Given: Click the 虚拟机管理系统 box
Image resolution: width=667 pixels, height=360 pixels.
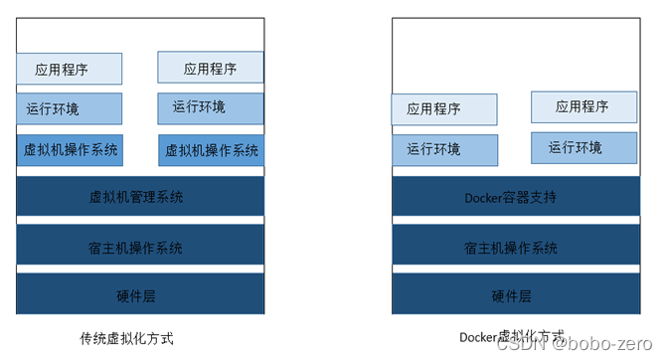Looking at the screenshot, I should click(140, 196).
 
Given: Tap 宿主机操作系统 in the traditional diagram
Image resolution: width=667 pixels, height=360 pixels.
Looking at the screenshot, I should click(140, 247).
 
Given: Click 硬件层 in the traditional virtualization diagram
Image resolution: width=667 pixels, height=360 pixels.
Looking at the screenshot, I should click(140, 295).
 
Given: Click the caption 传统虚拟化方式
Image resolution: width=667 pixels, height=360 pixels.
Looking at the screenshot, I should click(133, 337).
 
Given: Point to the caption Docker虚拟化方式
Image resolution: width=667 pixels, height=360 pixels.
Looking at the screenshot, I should click(511, 336).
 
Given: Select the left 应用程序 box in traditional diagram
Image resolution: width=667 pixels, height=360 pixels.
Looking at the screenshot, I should click(69, 70).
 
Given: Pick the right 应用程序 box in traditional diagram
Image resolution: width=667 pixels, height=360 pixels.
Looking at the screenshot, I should click(211, 69).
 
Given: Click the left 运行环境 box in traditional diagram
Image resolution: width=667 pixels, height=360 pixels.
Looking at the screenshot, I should click(69, 108).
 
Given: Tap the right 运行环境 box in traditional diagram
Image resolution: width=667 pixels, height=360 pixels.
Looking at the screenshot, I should click(211, 107).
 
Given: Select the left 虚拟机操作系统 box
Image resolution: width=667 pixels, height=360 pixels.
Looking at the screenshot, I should click(69, 150).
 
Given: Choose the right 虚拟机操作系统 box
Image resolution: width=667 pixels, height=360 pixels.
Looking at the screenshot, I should click(211, 150).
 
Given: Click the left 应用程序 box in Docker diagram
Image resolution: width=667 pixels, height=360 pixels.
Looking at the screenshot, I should click(443, 109).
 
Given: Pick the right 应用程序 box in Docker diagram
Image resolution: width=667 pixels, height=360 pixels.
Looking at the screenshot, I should click(584, 105).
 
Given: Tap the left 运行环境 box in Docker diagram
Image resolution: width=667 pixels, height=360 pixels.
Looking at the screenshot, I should click(443, 150).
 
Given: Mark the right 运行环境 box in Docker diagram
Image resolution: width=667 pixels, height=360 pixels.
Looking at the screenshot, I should click(584, 147).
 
